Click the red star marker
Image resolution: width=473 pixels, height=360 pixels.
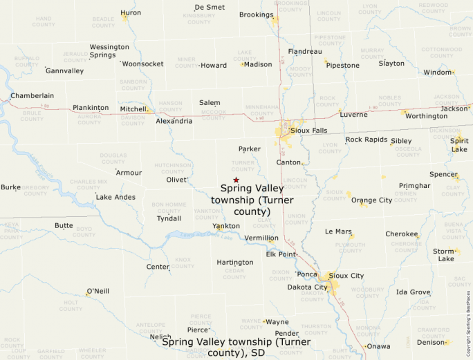tap(236, 180)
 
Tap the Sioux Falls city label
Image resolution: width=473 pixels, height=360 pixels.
tap(309, 129)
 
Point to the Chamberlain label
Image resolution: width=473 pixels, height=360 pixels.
tap(32, 96)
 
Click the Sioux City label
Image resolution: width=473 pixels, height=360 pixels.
tap(346, 276)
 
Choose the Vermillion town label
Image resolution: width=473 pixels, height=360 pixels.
tap(261, 238)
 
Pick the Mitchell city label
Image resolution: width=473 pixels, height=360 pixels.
tap(133, 108)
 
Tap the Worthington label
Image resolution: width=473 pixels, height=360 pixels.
tap(426, 116)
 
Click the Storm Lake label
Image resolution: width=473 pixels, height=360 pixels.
tap(444, 255)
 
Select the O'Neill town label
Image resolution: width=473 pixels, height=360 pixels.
tap(98, 291)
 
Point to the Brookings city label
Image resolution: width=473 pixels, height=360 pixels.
tap(256, 15)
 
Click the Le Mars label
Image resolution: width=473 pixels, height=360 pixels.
tap(338, 231)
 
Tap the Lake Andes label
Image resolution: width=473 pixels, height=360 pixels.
tap(115, 197)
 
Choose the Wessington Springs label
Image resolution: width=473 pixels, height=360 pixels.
tap(109, 50)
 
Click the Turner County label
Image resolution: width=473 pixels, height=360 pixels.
tap(243, 166)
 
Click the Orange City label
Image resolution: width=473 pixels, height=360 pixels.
tap(371, 200)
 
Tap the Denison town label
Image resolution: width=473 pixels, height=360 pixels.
tap(430, 342)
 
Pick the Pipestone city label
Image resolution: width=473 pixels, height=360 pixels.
tap(342, 66)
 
